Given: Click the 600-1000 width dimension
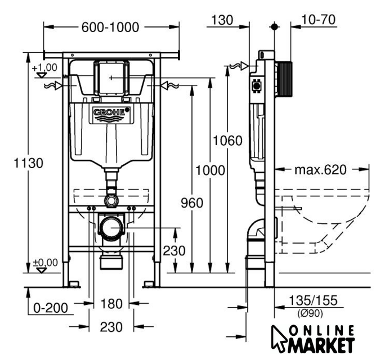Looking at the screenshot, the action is tap(110, 27).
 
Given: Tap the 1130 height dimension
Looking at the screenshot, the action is tap(29, 163).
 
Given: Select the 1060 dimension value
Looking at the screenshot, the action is tap(227, 141).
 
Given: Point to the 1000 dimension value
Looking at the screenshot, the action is tap(210, 170).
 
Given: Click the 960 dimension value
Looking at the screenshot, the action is tap(192, 203).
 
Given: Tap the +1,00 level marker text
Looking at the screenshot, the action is tap(44, 67).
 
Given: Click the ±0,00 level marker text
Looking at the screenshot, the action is tap(46, 263).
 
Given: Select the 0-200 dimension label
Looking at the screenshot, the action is tap(51, 308).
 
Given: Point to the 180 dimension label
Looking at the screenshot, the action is tap(111, 304).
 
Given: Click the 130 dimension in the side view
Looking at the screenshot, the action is tap(222, 20).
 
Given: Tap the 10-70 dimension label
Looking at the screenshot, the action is tap(318, 20).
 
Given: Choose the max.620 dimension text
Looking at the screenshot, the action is tap(320, 169).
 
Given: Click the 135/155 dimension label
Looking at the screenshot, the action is tap(313, 300).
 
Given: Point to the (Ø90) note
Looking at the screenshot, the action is tap(310, 313).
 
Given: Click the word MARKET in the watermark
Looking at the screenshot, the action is tap(321, 345).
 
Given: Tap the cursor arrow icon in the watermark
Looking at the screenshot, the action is tap(279, 337).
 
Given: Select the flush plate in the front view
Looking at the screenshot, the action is tap(111, 78).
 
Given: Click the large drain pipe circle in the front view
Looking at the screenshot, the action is tap(111, 227).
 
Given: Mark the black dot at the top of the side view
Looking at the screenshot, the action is tap(274, 26).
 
